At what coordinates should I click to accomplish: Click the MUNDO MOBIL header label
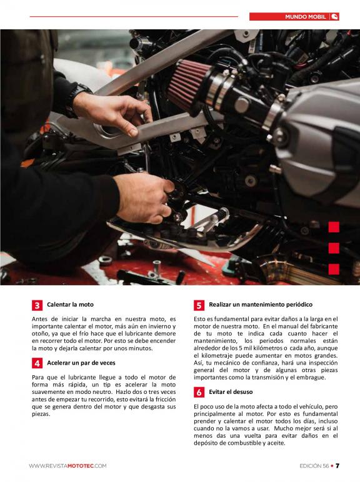305,17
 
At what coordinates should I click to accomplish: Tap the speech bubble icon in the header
334,17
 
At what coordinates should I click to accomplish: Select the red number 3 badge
37,305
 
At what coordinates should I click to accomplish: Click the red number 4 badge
37,363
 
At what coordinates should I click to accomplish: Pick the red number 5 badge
199,305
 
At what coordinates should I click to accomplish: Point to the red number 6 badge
199,392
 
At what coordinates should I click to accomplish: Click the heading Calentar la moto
70,305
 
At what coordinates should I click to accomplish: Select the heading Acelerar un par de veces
81,363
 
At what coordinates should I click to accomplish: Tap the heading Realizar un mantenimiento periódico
261,305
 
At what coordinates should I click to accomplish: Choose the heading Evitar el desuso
231,392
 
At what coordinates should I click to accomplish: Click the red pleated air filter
187,84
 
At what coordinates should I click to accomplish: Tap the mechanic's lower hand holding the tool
144,198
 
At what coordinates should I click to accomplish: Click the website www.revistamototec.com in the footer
67,466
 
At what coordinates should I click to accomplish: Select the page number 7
337,466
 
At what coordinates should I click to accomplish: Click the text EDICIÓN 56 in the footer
314,466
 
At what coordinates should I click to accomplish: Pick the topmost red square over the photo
334,227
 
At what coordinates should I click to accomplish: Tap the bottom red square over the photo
334,269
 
